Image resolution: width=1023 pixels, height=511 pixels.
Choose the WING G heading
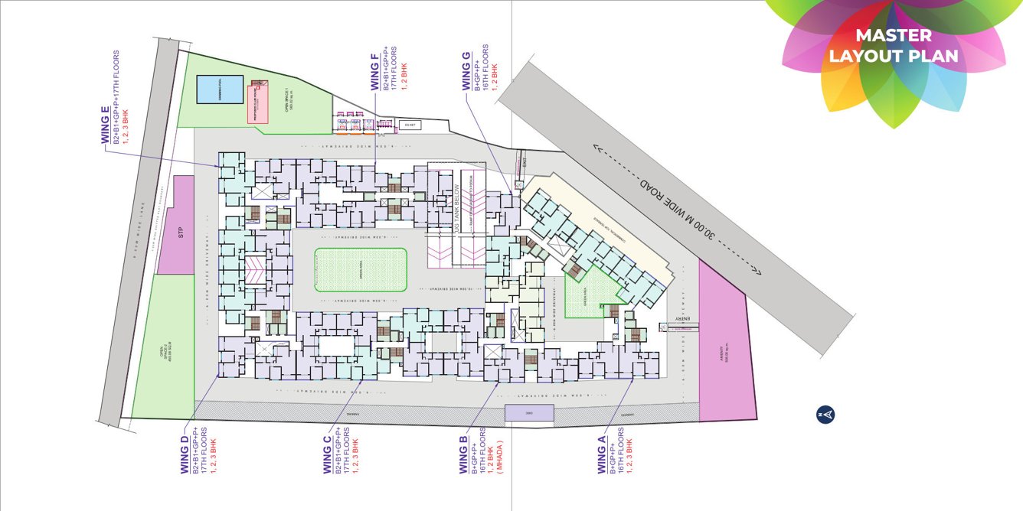click(x=467, y=72)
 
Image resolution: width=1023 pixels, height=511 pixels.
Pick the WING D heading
click(x=184, y=454)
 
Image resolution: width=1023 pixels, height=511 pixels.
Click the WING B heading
click(x=463, y=454)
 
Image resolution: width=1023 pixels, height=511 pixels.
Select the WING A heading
click(x=602, y=454)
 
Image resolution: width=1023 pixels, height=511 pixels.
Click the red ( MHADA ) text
click(x=498, y=455)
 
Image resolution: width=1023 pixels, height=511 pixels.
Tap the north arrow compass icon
click(x=825, y=415)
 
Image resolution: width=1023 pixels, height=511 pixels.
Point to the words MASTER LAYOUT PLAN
click(x=893, y=46)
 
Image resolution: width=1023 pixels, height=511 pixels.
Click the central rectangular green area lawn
click(x=360, y=270)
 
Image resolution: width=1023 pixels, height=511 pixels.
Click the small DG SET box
click(x=409, y=125)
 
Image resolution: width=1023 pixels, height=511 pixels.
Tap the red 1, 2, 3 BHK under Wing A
click(x=629, y=453)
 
